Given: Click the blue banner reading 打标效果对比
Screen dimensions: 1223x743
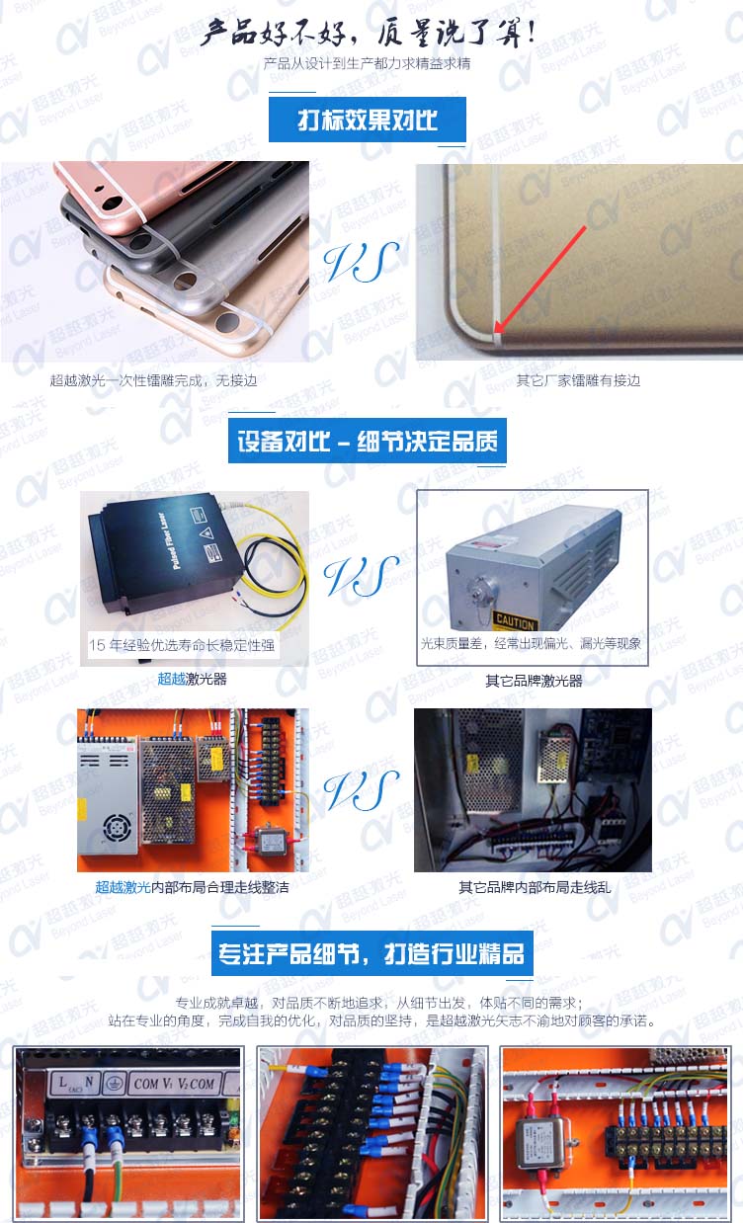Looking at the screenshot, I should [x=367, y=121].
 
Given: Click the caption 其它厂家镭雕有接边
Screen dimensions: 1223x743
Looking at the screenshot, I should [x=578, y=380].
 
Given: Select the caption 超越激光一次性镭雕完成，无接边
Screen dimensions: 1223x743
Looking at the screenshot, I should [x=153, y=380].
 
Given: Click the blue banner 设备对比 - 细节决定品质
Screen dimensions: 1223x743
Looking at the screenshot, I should [x=367, y=441].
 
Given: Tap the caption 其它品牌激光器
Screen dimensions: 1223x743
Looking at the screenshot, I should [x=534, y=681].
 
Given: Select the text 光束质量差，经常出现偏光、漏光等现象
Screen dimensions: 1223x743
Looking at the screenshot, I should [x=531, y=644].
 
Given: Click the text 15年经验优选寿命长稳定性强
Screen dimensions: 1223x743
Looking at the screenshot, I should [x=183, y=647].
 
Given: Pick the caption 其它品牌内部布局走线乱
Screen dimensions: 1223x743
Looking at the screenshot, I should [x=535, y=887].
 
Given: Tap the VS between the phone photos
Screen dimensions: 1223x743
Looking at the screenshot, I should [x=362, y=261].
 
